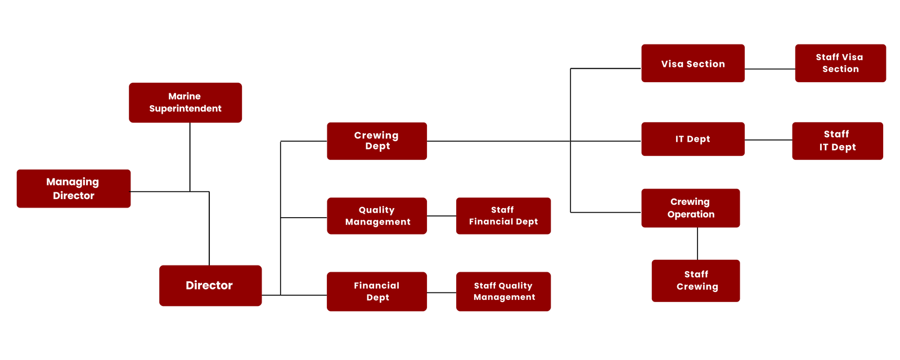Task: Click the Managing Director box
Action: tap(74, 188)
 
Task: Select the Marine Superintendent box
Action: tap(185, 102)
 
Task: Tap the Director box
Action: tap(210, 285)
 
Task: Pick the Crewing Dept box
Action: tap(377, 141)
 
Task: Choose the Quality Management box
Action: tap(377, 215)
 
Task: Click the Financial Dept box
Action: tap(377, 291)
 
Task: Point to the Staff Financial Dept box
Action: tap(503, 215)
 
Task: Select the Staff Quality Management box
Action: tap(503, 291)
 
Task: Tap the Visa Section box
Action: tap(693, 64)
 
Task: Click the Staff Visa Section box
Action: tap(840, 63)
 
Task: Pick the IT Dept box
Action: tap(693, 139)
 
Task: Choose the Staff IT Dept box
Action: tap(838, 141)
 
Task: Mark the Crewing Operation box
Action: tap(691, 208)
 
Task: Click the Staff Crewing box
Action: tap(696, 281)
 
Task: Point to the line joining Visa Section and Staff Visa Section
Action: tap(769, 69)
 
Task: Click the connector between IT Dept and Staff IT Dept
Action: tap(768, 140)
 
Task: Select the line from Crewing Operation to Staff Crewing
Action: tap(697, 244)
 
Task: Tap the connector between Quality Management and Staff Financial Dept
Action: tap(442, 216)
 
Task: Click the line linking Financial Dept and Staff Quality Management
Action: tap(442, 292)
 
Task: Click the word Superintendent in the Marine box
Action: tap(185, 109)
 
